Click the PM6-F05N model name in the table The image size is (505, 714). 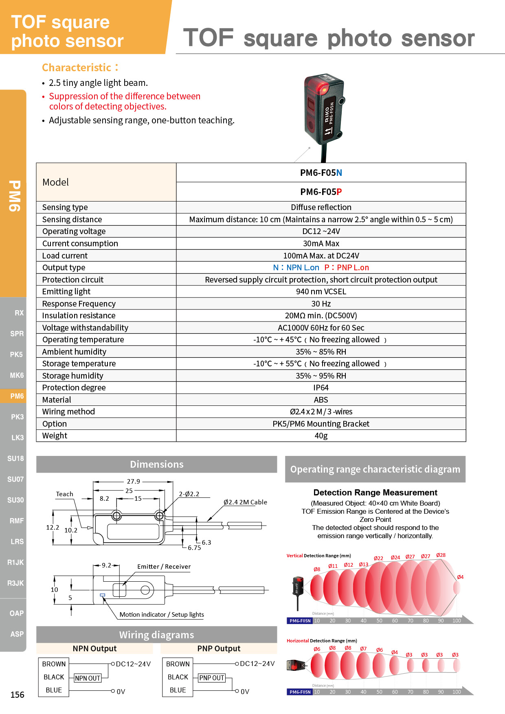coord(321,173)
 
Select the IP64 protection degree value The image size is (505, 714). coord(321,388)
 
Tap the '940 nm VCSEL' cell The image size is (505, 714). coord(321,291)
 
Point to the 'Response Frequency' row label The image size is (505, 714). coord(79,304)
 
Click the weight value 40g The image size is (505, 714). coord(321,436)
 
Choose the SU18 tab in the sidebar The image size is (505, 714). coord(15,458)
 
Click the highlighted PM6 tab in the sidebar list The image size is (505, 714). coord(17,396)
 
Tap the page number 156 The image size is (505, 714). coord(17,694)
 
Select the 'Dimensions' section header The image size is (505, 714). coord(156,464)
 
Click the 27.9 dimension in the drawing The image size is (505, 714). coord(133,481)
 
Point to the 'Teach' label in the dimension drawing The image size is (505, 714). coord(64,494)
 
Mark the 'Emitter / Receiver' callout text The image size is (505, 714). coord(164,566)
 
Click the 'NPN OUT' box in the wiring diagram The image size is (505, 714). coord(88,678)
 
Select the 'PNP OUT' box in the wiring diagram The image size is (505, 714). coord(211,678)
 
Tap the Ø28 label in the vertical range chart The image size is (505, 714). coord(441,555)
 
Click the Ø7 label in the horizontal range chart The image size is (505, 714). coord(363,648)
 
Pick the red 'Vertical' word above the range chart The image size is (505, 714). coord(294,556)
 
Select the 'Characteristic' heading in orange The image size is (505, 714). coord(77,68)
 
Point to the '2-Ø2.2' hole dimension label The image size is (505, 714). coord(189,494)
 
